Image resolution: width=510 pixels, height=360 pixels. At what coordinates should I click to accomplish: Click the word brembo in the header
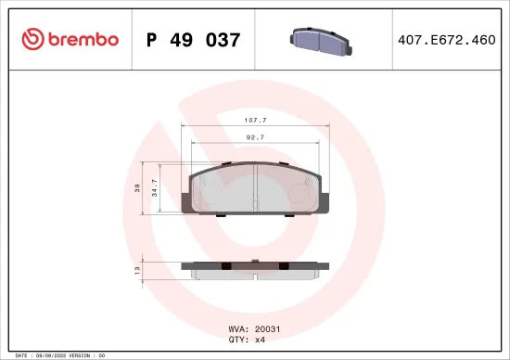[x=78, y=40]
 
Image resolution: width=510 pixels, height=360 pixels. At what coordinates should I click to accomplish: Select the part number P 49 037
[x=194, y=41]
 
